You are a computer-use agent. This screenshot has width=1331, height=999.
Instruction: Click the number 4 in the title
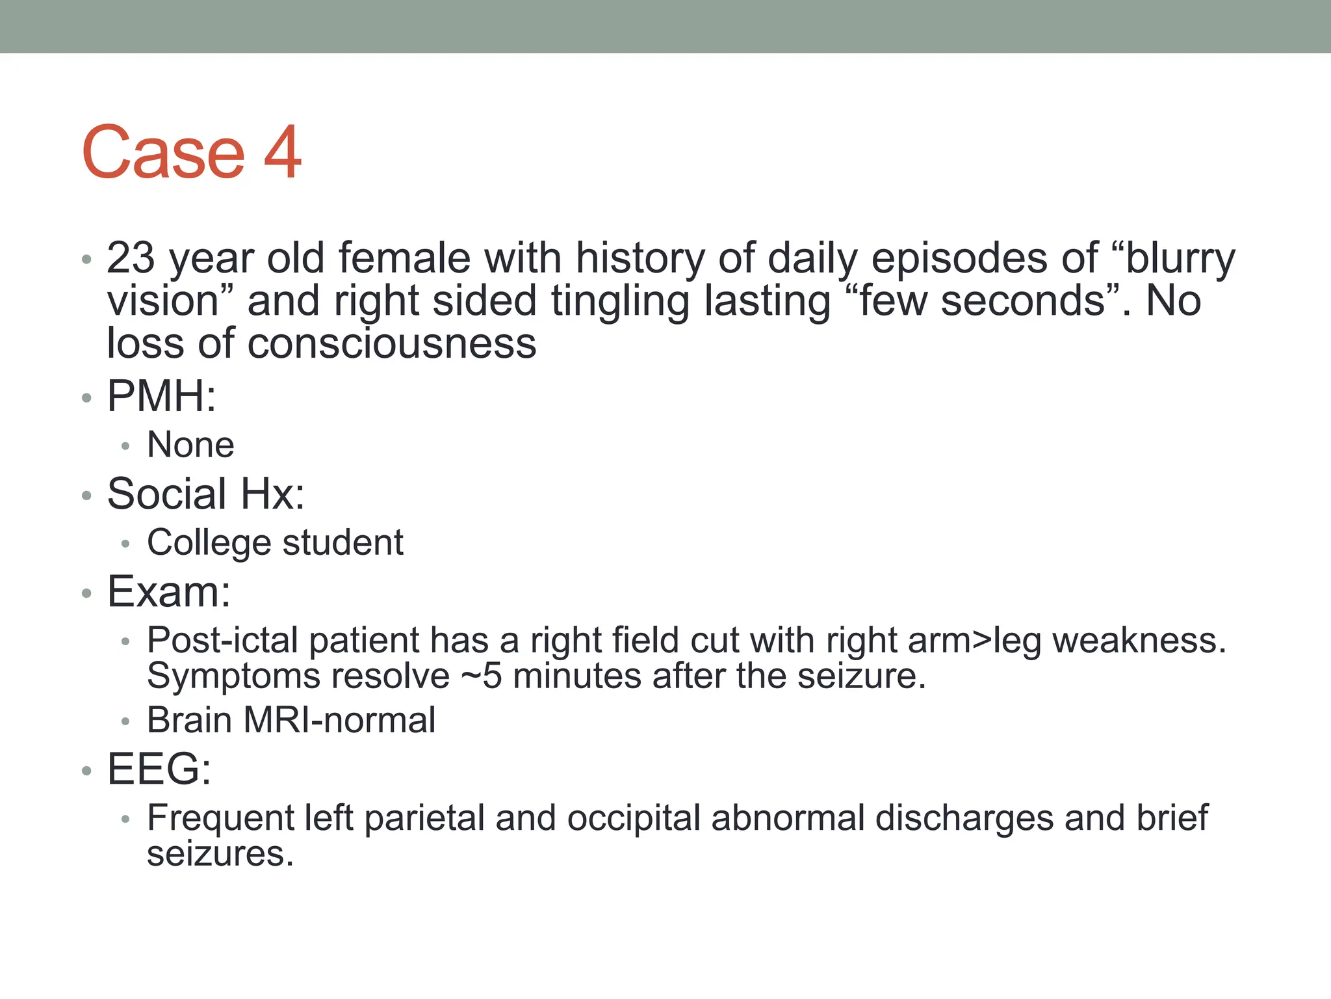(x=283, y=153)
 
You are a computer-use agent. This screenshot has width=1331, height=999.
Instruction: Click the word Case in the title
(x=164, y=153)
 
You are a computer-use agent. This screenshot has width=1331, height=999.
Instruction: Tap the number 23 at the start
(x=131, y=258)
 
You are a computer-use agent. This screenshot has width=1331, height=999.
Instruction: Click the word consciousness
(x=392, y=343)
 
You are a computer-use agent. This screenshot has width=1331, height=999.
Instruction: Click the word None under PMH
(x=190, y=445)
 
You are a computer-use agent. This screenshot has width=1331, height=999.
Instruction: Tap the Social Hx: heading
(x=205, y=494)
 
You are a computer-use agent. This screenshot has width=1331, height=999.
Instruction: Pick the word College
(x=209, y=542)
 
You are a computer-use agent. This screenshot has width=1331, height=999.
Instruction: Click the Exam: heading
(x=169, y=592)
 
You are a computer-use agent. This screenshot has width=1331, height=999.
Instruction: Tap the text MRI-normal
(x=339, y=721)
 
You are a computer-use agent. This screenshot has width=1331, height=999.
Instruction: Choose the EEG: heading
(x=159, y=769)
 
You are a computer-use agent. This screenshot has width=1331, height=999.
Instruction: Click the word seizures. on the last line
(x=220, y=854)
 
